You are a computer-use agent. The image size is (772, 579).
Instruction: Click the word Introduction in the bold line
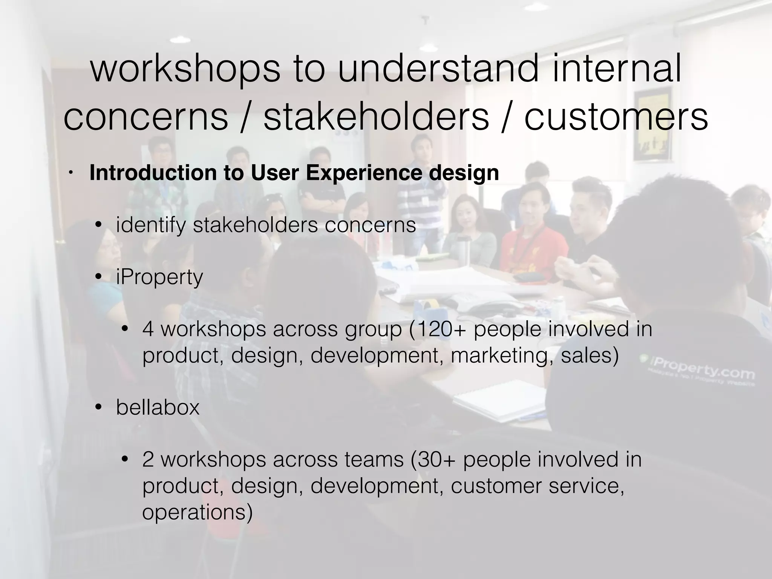pos(152,173)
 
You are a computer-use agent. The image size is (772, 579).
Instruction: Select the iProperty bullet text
pos(159,277)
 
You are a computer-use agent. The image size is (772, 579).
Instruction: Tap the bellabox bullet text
pos(158,407)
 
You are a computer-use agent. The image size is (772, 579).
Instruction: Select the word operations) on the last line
pos(197,512)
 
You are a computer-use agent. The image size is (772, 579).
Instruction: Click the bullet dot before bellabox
pos(99,407)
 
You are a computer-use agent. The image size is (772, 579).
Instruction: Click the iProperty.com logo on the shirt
pos(701,369)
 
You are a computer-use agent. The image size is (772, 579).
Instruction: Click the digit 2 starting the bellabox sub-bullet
pos(148,460)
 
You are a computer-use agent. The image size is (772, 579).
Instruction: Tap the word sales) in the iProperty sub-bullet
pos(590,355)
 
